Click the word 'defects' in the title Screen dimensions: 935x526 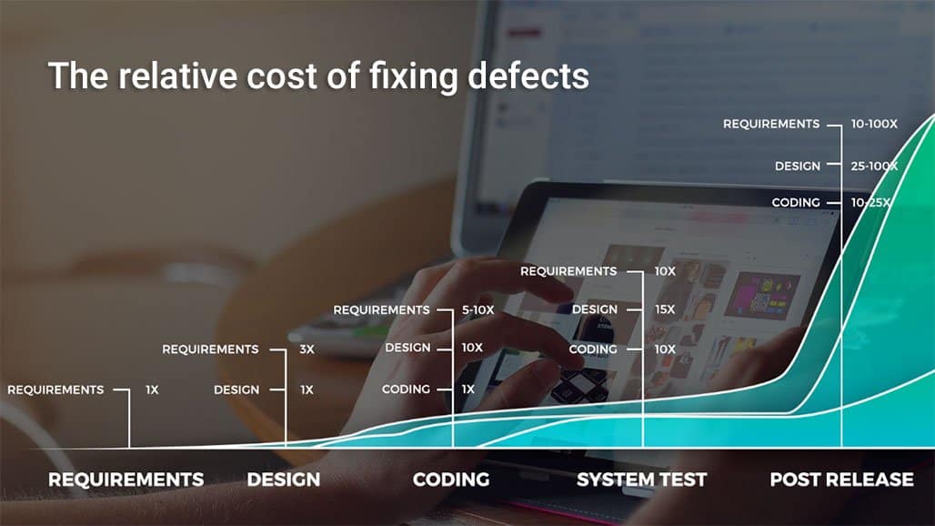(x=528, y=76)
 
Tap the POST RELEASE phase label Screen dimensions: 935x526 (x=841, y=480)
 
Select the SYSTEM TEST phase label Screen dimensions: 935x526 (x=641, y=480)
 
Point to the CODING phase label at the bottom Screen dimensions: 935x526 (x=451, y=480)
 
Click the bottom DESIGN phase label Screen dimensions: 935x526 (x=283, y=480)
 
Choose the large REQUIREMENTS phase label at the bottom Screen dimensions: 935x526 (x=126, y=480)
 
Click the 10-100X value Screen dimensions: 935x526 (x=873, y=124)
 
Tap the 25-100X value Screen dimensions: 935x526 (x=873, y=167)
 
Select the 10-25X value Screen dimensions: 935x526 (x=870, y=203)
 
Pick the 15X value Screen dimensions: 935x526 (x=665, y=309)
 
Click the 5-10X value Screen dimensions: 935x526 (x=478, y=310)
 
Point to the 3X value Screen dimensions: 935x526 (x=307, y=349)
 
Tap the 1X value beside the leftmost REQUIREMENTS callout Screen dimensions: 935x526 (x=152, y=390)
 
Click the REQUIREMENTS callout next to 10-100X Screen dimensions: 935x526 (x=771, y=124)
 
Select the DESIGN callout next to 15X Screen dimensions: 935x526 (x=595, y=309)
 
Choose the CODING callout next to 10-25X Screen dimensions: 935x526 (x=796, y=203)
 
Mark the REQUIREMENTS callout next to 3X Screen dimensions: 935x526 (x=210, y=349)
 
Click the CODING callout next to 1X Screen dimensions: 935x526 (x=406, y=389)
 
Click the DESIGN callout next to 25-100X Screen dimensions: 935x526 (x=798, y=167)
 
